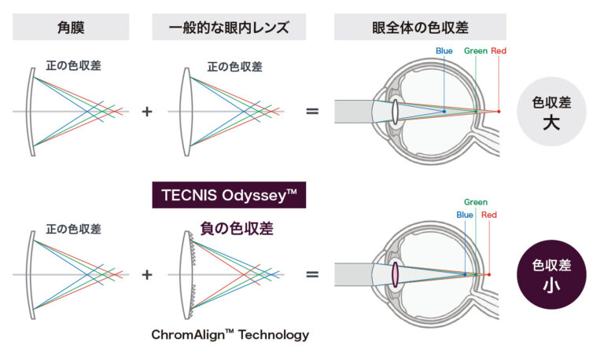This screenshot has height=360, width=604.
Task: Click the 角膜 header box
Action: (x=71, y=28)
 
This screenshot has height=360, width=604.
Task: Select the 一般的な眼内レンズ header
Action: (x=228, y=28)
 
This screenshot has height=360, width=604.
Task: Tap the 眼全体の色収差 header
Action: (x=420, y=28)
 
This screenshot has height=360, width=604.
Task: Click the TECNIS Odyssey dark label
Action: (x=228, y=194)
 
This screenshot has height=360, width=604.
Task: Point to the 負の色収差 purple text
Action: (x=229, y=229)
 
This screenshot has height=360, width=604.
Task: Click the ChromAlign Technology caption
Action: (x=230, y=335)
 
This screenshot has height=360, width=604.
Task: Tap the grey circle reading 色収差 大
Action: (x=551, y=112)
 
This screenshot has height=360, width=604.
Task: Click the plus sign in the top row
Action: (x=146, y=112)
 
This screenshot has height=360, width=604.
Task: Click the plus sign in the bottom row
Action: (x=146, y=274)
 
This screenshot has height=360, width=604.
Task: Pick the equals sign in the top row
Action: (x=312, y=112)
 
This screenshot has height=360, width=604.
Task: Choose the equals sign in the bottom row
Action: (x=312, y=274)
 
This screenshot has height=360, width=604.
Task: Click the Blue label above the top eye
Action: (x=444, y=51)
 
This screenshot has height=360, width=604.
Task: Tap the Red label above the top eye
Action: (x=499, y=51)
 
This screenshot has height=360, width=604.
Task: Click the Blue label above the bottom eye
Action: (x=464, y=215)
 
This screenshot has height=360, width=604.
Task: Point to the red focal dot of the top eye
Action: (x=499, y=112)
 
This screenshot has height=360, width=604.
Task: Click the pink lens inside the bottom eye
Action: (x=395, y=274)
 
